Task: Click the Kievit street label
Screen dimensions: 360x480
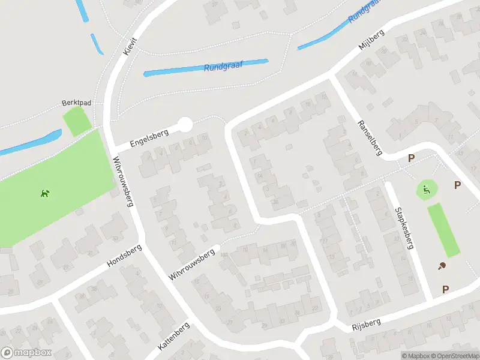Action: tap(130, 46)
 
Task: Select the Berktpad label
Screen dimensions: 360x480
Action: tap(76, 103)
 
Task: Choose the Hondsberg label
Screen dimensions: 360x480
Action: tap(124, 256)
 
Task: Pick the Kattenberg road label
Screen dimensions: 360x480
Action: tap(173, 337)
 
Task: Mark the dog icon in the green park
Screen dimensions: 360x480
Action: tap(45, 193)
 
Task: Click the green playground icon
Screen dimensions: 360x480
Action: tap(426, 191)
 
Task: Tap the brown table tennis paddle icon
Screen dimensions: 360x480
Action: tap(442, 266)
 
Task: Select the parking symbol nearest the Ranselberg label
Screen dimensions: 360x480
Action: tap(411, 158)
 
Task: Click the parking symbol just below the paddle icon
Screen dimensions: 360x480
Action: tap(445, 290)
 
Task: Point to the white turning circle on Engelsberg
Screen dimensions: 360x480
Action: tap(185, 125)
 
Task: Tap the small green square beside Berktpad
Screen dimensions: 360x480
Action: tap(77, 122)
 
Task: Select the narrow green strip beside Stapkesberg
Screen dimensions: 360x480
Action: tap(444, 230)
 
